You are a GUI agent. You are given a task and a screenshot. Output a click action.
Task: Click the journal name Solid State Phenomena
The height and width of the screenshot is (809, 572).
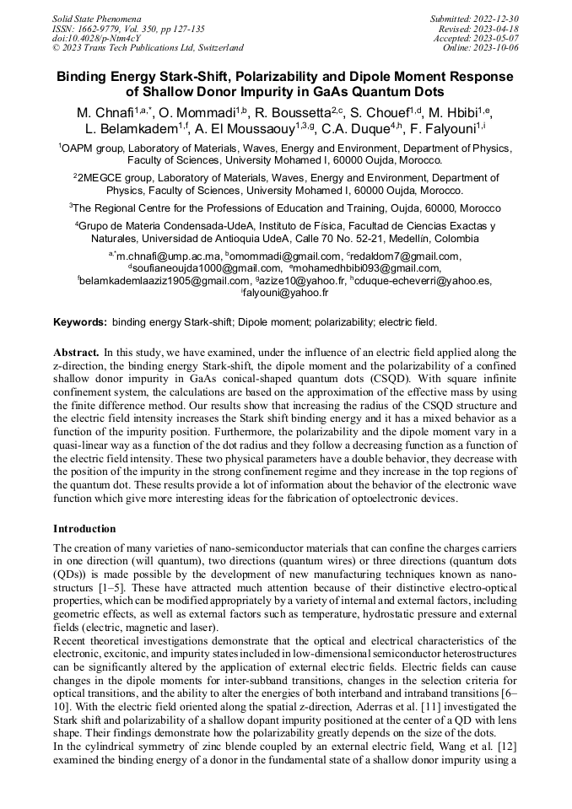pyautogui.click(x=96, y=18)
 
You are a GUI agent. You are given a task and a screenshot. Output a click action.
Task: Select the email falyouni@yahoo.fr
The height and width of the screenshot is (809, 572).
pyautogui.click(x=288, y=294)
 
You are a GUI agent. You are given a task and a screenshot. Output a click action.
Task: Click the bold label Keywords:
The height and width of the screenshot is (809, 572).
pyautogui.click(x=80, y=322)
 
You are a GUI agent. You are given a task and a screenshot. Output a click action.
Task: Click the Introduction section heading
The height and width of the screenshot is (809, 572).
pyautogui.click(x=84, y=529)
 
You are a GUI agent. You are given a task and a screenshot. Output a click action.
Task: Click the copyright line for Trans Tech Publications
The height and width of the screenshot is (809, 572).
pyautogui.click(x=148, y=48)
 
